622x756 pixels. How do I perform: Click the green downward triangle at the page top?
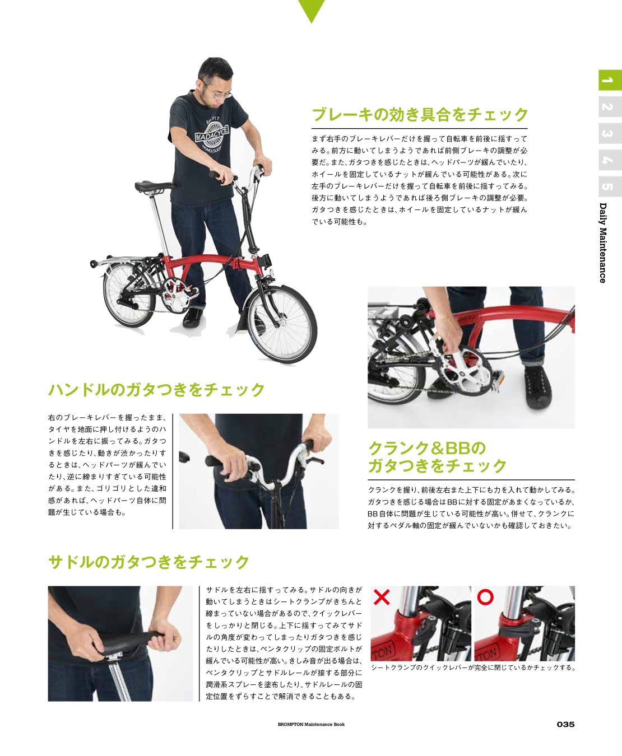point(312,9)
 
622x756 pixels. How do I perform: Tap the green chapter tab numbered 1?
point(610,80)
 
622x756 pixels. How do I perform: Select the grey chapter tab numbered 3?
point(610,133)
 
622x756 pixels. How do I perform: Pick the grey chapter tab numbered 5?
point(610,186)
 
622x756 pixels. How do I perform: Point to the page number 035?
point(565,724)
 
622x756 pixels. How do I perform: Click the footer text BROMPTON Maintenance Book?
point(311,724)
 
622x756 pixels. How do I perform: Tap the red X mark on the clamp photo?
point(381,598)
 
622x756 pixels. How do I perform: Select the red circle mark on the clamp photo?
point(485,597)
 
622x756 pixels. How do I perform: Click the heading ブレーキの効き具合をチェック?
point(420,114)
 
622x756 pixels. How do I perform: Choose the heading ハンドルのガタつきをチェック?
point(156,390)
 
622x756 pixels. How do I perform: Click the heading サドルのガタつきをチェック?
point(148,562)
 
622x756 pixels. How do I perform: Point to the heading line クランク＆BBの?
point(427,448)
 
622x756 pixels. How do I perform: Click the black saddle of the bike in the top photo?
point(154,186)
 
